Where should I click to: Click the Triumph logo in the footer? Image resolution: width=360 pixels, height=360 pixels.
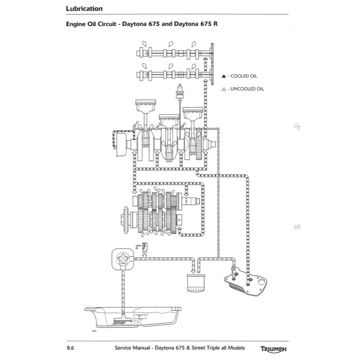[273, 349]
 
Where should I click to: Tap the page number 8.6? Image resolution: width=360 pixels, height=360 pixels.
[70, 348]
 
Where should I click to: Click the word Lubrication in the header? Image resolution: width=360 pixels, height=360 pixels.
[84, 8]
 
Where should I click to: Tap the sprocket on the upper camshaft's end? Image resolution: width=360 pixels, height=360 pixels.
[213, 53]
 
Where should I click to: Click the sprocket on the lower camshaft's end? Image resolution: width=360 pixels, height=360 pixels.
[213, 75]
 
